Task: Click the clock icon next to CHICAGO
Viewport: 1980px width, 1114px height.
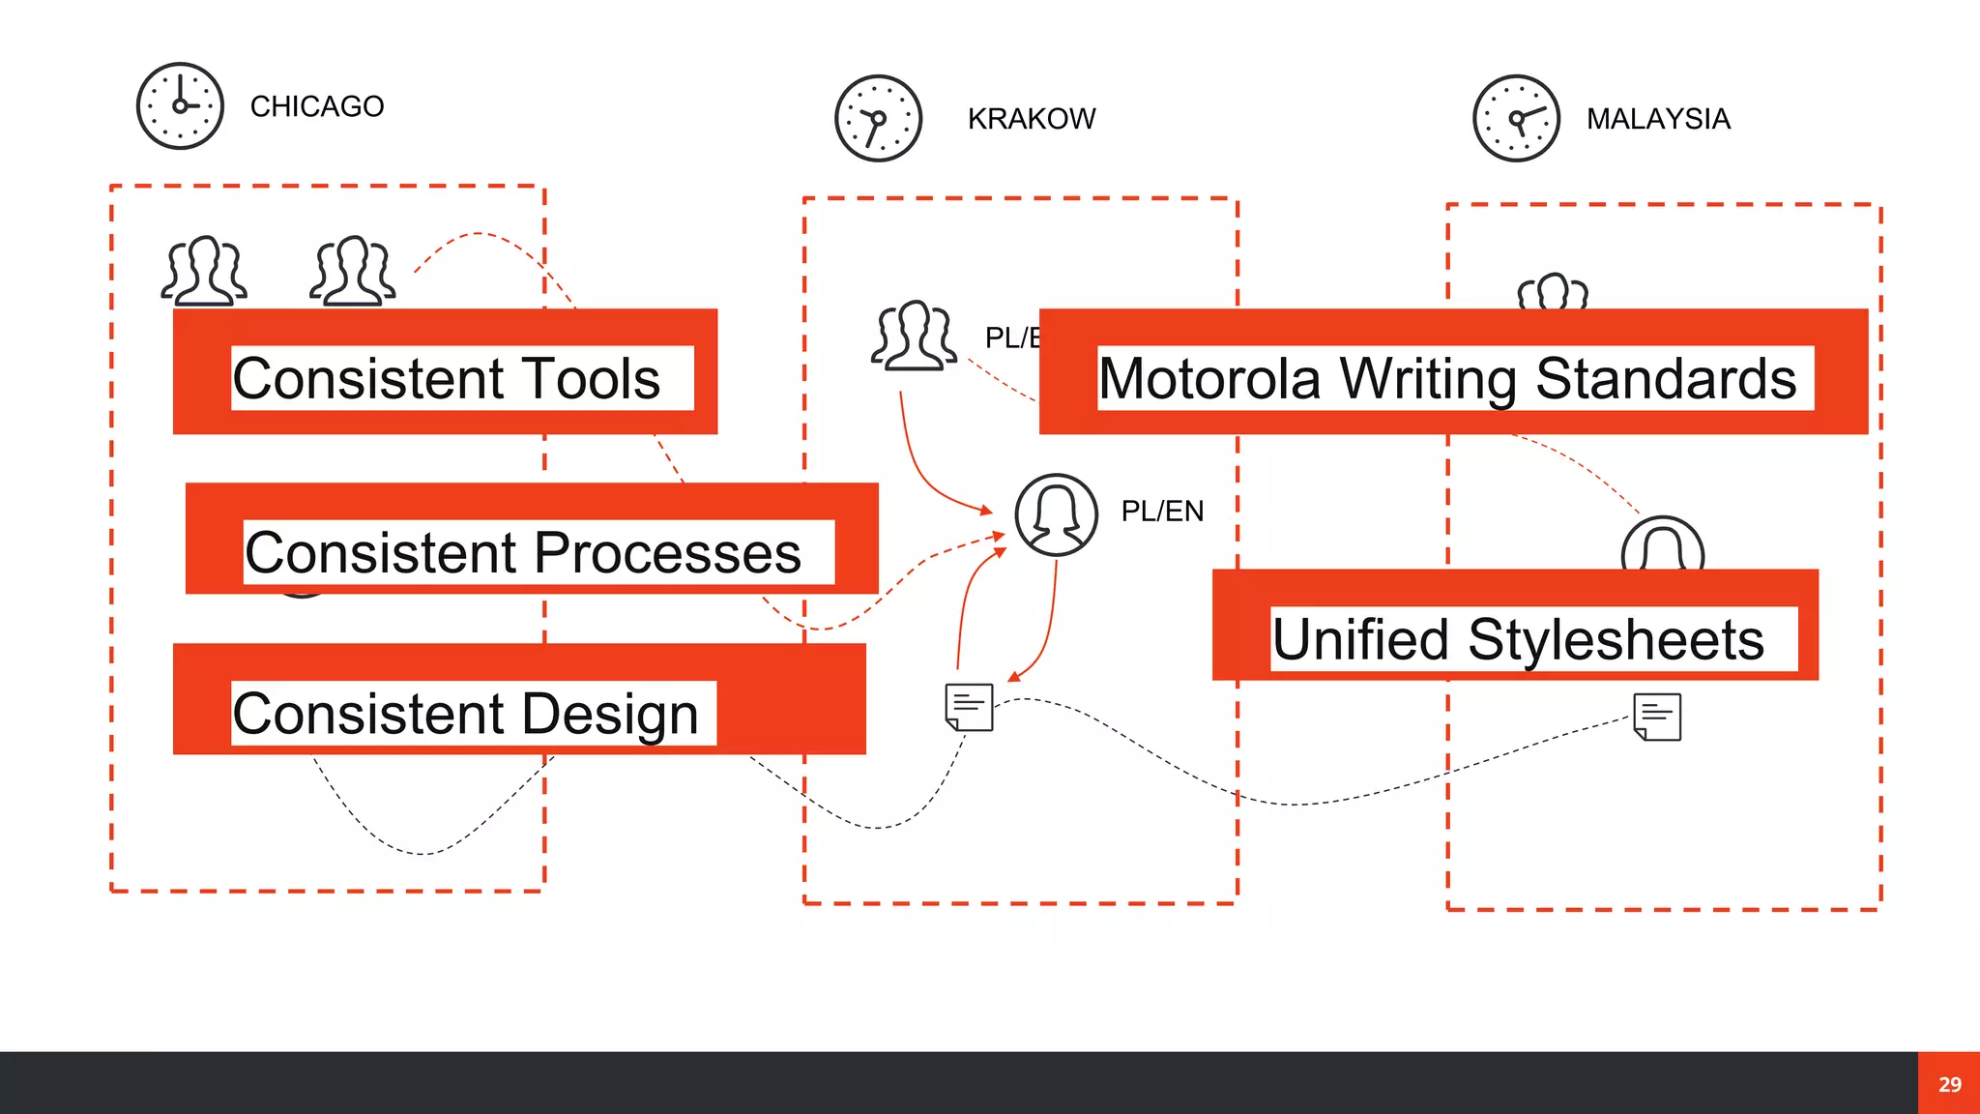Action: pos(180,106)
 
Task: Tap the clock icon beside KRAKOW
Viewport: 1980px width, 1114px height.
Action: pos(878,119)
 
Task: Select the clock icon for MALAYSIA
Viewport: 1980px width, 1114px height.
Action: pos(1516,119)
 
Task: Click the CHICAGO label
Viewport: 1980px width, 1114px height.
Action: pos(317,106)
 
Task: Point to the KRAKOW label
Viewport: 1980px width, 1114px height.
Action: pos(1032,119)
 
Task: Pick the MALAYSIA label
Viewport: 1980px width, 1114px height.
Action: pos(1658,119)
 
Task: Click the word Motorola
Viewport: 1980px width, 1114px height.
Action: pos(1209,378)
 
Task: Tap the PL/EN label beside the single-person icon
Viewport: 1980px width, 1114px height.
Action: pos(1162,512)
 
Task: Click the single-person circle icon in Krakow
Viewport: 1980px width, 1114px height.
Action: pos(1056,514)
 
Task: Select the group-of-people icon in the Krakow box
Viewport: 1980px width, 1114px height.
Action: pos(914,336)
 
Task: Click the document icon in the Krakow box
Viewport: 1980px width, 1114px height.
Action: pos(969,708)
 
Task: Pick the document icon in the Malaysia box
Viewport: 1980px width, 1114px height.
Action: pos(1657,717)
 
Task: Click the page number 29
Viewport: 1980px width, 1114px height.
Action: pos(1949,1084)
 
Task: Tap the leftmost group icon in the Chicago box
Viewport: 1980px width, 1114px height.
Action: pos(204,271)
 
